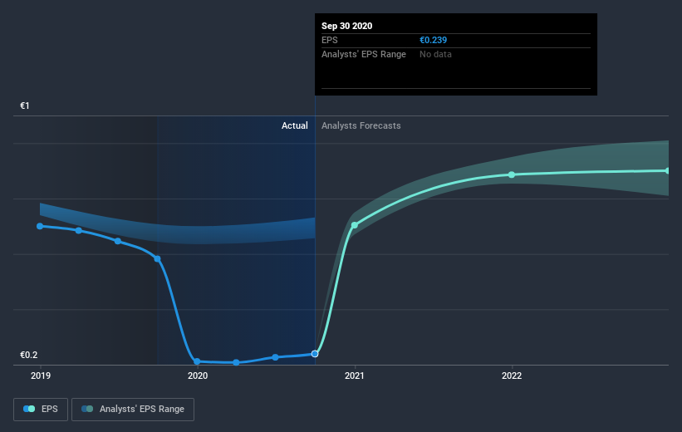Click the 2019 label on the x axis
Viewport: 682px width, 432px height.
click(40, 376)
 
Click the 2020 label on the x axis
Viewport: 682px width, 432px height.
click(197, 376)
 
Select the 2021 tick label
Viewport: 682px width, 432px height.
click(355, 376)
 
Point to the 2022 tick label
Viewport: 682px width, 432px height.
click(512, 376)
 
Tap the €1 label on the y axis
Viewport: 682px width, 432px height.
click(25, 106)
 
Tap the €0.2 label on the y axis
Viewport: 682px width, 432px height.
click(30, 356)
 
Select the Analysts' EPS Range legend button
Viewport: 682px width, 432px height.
click(133, 409)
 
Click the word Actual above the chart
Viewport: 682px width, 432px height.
click(294, 125)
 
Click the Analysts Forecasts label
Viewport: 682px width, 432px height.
click(361, 125)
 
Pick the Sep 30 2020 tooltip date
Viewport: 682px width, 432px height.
click(347, 26)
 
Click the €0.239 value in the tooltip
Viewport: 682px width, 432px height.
click(436, 40)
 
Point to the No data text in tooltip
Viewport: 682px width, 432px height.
click(435, 54)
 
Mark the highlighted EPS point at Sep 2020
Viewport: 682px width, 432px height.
click(315, 354)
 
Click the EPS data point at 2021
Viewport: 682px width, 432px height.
click(355, 225)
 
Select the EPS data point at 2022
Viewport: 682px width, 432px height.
click(512, 174)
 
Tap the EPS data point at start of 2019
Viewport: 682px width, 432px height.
click(40, 226)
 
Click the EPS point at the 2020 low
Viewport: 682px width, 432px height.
click(197, 361)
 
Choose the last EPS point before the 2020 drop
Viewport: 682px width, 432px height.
click(158, 258)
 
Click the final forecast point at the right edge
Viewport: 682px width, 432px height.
click(668, 171)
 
